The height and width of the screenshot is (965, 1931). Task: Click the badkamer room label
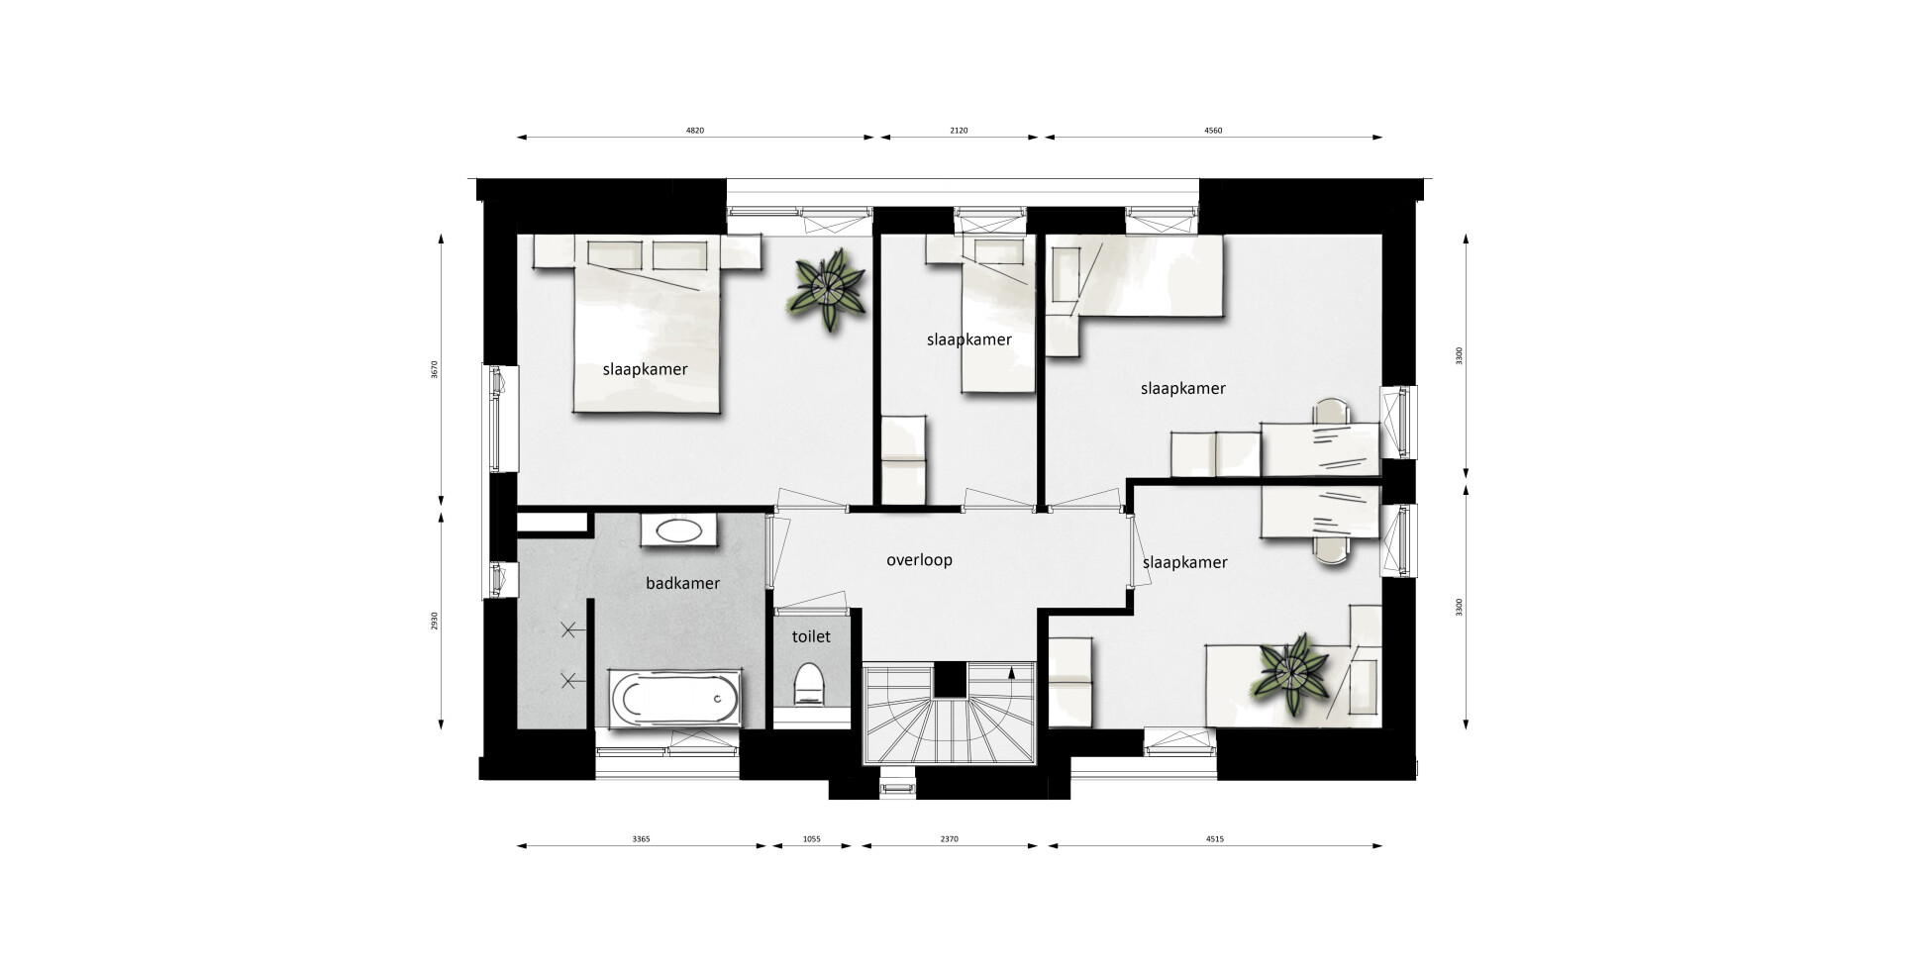(x=682, y=583)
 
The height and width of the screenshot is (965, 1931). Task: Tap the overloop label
(x=919, y=560)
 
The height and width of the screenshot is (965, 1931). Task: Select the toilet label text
(x=811, y=636)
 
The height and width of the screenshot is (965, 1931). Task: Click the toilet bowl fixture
(x=809, y=685)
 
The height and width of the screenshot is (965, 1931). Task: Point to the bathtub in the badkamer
(x=673, y=699)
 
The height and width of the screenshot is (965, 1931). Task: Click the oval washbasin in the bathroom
(x=677, y=531)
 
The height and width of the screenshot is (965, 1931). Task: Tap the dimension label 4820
(x=694, y=131)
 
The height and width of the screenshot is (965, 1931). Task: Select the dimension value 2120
(x=958, y=131)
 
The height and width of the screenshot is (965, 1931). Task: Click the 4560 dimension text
(x=1213, y=131)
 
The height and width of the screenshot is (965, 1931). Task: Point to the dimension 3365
(x=641, y=839)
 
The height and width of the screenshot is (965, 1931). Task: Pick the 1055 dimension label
(x=811, y=839)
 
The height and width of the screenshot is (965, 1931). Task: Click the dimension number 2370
(x=949, y=839)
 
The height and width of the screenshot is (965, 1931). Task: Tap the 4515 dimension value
(x=1215, y=839)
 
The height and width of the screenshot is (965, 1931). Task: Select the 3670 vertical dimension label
(x=435, y=369)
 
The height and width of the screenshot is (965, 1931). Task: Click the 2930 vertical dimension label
(x=435, y=622)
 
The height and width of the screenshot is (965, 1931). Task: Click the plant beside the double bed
(x=829, y=288)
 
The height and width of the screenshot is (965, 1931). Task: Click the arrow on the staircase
(x=1010, y=673)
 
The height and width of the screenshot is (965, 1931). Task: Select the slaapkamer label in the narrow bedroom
(x=969, y=339)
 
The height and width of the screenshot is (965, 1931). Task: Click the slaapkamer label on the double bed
(x=646, y=369)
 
